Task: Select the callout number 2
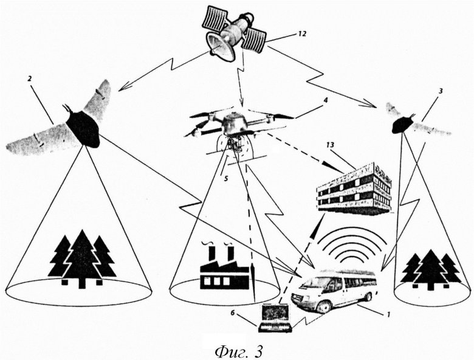point(29,78)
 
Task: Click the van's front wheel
point(324,305)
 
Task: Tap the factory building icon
point(225,269)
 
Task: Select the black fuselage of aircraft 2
point(83,128)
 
